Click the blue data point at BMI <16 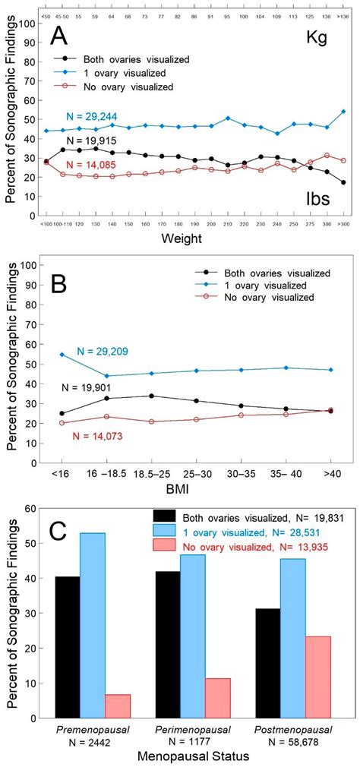[62, 355]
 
